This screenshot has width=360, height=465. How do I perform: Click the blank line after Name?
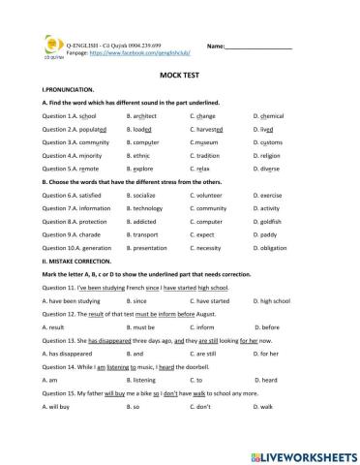[x=259, y=46]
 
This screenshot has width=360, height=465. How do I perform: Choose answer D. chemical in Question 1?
[x=274, y=114]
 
